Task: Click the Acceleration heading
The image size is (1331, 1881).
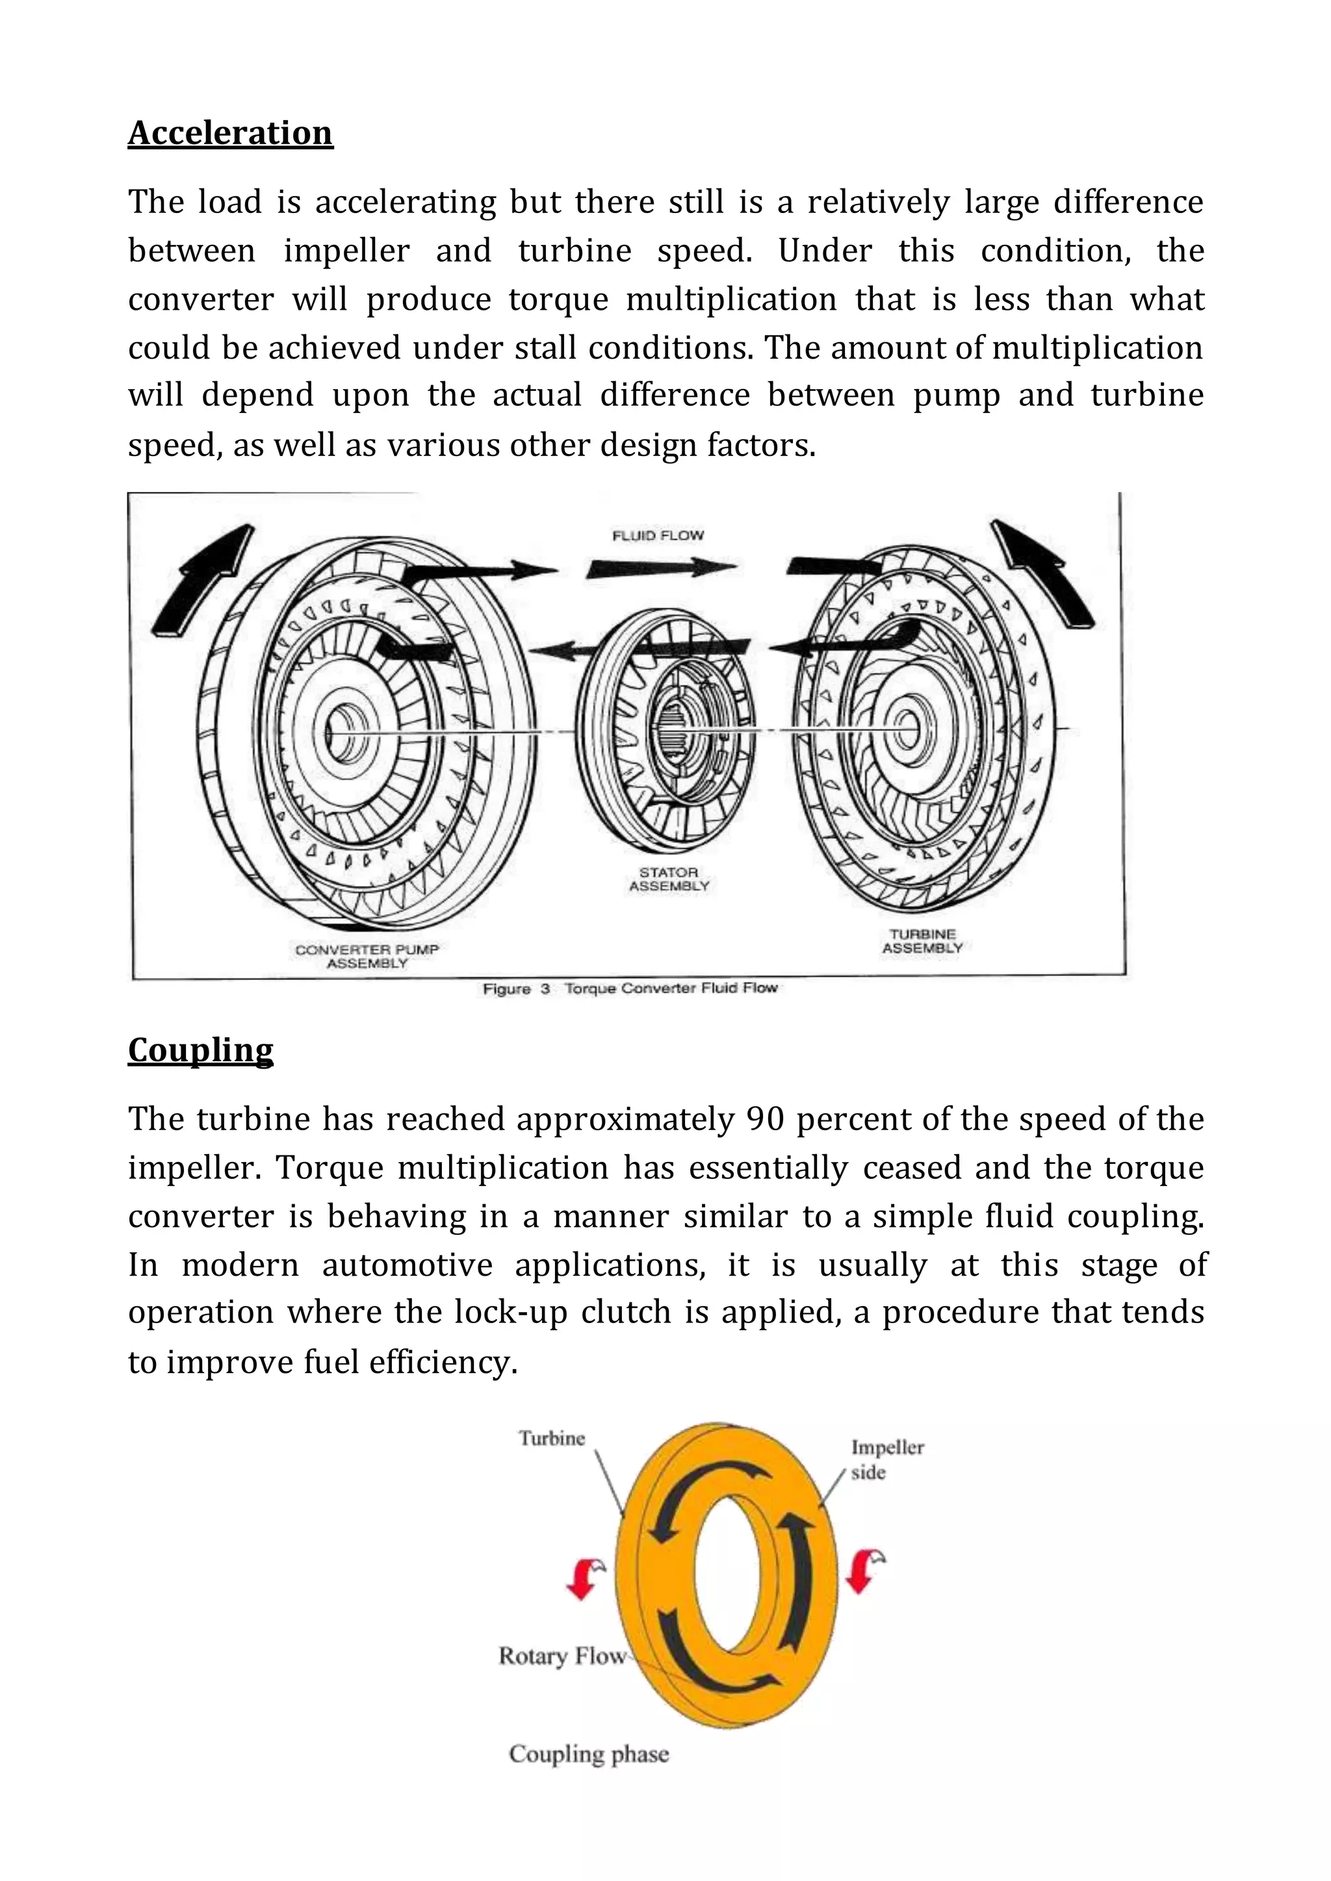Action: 230,133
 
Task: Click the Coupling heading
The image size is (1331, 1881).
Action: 200,1050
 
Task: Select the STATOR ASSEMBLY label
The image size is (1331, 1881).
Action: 669,879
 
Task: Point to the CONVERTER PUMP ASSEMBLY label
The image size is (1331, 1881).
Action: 367,956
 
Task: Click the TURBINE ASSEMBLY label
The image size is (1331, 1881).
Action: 922,940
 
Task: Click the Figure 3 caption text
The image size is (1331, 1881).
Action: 630,989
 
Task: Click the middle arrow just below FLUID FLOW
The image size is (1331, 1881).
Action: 660,567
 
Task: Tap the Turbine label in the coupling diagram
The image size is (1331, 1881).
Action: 552,1439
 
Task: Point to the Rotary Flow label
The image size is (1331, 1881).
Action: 562,1656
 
